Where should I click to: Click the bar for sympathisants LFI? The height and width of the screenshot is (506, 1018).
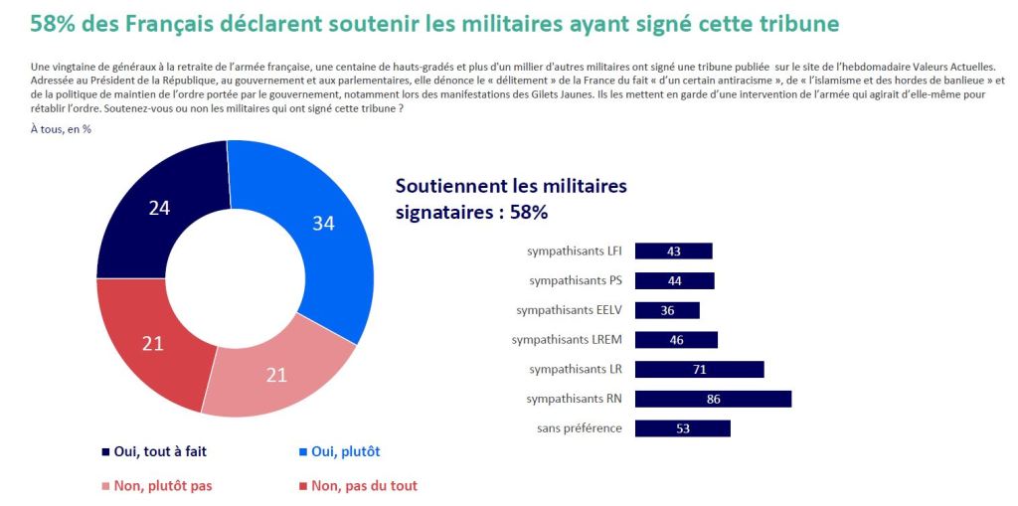click(x=673, y=251)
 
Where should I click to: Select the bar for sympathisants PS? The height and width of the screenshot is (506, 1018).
click(x=674, y=280)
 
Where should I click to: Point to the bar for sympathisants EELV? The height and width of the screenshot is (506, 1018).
click(x=667, y=310)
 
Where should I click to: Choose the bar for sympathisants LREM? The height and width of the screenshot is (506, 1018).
click(x=676, y=340)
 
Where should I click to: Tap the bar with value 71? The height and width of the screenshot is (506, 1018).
click(x=699, y=370)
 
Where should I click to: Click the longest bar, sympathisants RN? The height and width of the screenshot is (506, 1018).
click(x=713, y=399)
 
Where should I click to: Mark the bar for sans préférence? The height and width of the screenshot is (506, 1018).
click(x=682, y=428)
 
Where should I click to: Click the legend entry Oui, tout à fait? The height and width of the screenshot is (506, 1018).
click(x=154, y=451)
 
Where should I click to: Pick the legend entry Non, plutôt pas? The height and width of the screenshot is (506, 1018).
click(x=157, y=486)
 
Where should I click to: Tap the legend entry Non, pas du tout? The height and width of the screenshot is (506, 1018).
click(x=358, y=486)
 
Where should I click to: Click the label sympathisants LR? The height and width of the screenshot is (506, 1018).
click(x=576, y=370)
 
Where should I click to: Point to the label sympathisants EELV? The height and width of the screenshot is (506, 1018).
click(x=569, y=310)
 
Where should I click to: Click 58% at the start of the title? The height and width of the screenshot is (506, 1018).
click(x=50, y=22)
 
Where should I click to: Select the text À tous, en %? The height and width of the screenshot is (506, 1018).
click(x=61, y=129)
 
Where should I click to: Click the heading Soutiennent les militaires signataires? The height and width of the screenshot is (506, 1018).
click(x=511, y=198)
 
